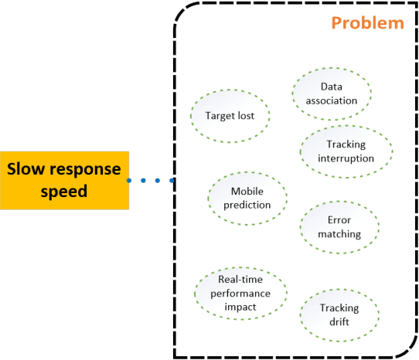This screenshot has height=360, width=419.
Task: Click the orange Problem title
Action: coord(367,22)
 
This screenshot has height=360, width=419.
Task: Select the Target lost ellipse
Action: coord(230,117)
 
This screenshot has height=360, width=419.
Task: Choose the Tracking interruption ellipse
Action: coord(346,151)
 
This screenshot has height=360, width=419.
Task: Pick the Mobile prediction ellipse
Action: coord(247,198)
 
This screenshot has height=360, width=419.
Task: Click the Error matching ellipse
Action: coord(339,226)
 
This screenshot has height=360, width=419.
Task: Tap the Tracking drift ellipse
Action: coord(339,314)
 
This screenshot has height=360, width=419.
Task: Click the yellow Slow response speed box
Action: coord(64,179)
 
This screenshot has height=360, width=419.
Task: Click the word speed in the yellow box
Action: coord(64,191)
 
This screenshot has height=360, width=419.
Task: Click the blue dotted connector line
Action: coord(151,181)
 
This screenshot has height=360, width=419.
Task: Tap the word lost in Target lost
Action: coord(254,117)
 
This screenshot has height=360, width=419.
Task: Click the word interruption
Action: coord(346,158)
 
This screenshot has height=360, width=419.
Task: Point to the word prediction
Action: coord(247,205)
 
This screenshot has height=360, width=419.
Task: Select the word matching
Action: coord(339,233)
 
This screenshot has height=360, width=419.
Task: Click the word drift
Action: coord(339,321)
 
